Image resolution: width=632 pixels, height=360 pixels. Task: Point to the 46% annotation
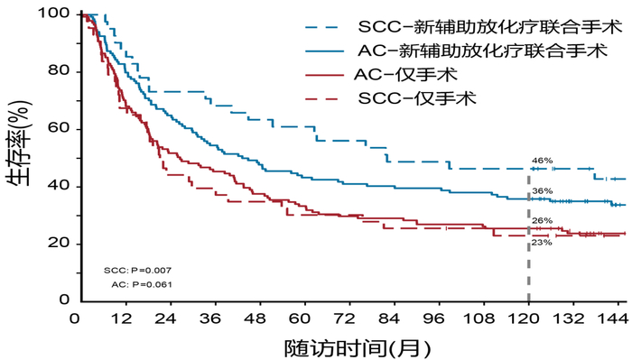(x=542, y=161)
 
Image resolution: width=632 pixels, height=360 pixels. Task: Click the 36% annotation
(x=542, y=191)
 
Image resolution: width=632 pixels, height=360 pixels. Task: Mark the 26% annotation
(x=542, y=220)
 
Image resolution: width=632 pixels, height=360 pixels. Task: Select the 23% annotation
(x=542, y=242)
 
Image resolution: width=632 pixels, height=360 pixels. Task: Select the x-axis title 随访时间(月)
(x=357, y=346)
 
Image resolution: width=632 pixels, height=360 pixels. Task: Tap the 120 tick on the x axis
(x=528, y=318)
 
